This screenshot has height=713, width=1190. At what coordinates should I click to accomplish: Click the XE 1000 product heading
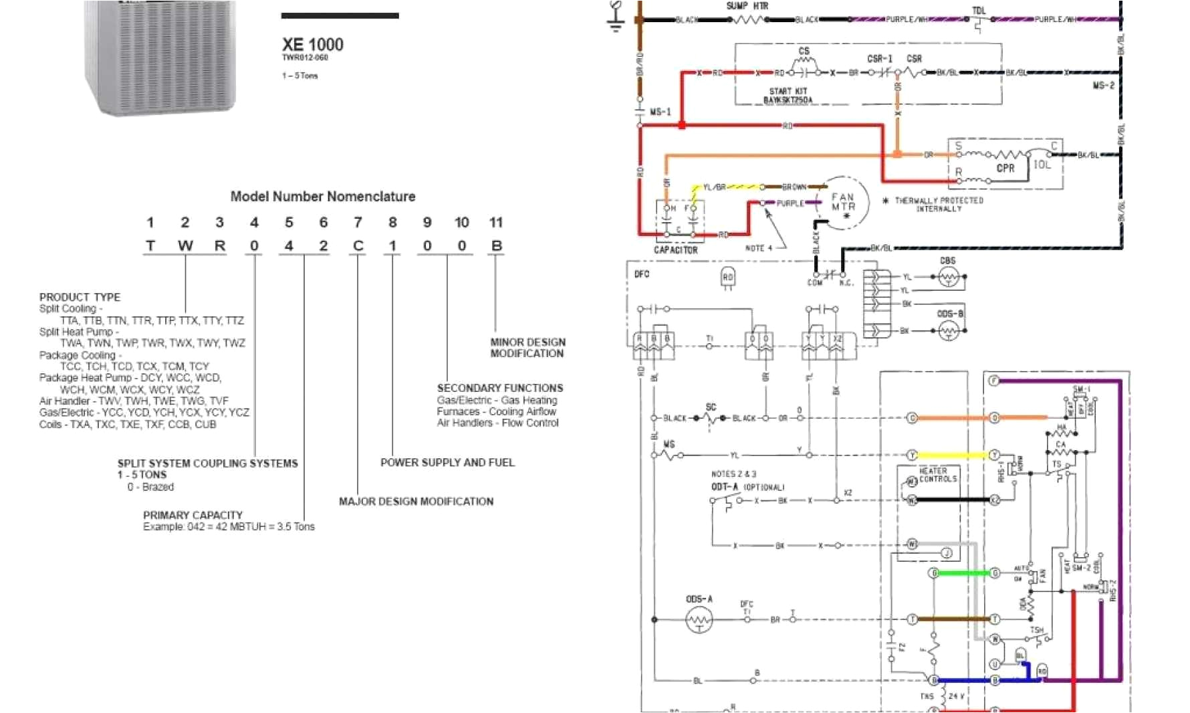(x=312, y=45)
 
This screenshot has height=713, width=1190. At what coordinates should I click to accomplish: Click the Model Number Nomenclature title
(x=323, y=197)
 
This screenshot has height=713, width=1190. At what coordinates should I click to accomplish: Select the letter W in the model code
(x=185, y=246)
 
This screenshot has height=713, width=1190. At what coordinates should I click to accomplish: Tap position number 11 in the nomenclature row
(x=495, y=223)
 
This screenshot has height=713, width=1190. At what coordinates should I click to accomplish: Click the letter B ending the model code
(x=496, y=246)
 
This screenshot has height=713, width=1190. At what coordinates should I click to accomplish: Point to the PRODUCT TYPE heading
(x=80, y=297)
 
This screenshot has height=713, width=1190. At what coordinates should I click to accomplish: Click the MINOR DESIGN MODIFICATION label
(x=527, y=348)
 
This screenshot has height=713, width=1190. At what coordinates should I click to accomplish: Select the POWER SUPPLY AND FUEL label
(x=447, y=463)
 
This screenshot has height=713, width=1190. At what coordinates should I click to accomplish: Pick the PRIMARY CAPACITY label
(x=193, y=515)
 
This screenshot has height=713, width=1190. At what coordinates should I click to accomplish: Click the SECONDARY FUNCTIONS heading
(x=500, y=388)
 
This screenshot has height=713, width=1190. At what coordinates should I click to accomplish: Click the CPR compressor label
(x=1005, y=169)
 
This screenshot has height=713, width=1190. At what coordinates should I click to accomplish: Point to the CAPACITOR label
(x=675, y=250)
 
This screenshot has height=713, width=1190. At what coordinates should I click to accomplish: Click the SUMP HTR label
(x=747, y=6)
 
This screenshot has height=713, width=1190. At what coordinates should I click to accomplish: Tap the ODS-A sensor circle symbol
(x=699, y=621)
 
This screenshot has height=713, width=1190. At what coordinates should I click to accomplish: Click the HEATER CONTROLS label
(x=937, y=475)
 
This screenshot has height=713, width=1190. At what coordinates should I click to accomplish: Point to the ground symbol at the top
(x=616, y=17)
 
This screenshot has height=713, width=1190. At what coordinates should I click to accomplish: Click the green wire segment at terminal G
(x=965, y=573)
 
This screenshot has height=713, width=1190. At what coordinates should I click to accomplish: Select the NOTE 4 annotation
(x=758, y=248)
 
